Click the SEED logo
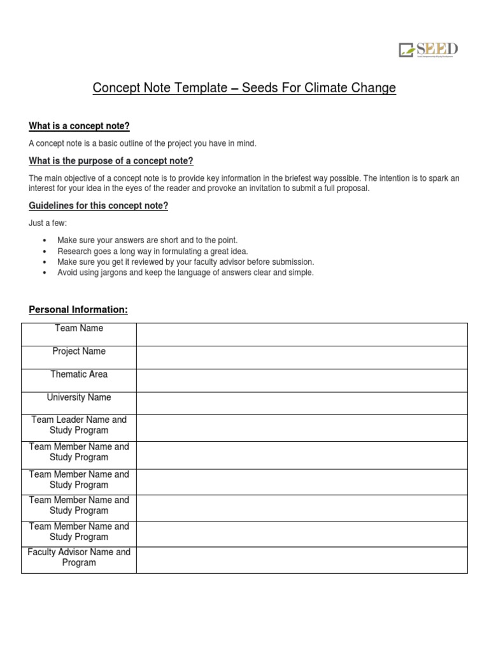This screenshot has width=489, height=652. coord(429,50)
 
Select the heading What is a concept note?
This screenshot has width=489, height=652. coord(80,126)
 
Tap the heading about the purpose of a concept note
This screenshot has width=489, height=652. coord(111,160)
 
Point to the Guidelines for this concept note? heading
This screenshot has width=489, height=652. coord(99,206)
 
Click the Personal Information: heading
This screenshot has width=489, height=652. coord(78,309)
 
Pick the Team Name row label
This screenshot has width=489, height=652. coord(79,329)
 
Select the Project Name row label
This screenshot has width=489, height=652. coord(79,351)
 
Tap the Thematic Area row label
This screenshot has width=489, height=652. coord(79,374)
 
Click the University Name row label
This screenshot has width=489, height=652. coord(79,397)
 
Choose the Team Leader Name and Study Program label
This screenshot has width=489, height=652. coord(79,425)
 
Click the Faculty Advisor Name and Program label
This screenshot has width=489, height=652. coord(79,558)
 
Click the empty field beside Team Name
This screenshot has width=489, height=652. coord(302,334)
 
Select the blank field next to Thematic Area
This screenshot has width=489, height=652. coord(302,380)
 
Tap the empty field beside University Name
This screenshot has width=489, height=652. coord(302,403)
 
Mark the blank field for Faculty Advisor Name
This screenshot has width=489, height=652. coord(302,559)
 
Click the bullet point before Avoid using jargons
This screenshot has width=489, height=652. coord(44,273)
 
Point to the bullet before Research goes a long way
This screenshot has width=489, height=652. coord(44,252)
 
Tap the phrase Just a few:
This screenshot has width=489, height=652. coord(48,223)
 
